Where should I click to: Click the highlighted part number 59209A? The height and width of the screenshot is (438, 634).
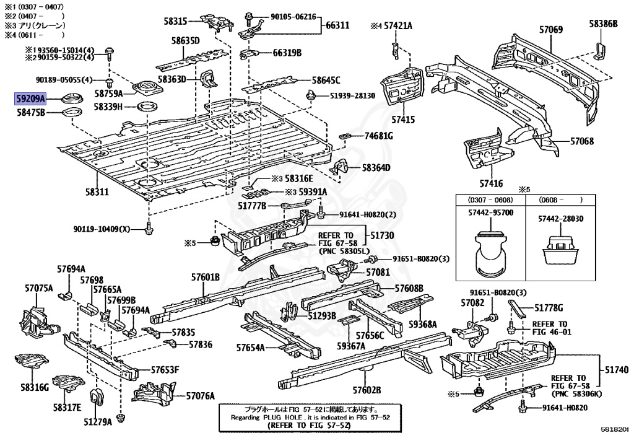(30, 98)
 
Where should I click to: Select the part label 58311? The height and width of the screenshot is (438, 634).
(97, 192)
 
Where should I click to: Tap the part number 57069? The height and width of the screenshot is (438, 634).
(550, 29)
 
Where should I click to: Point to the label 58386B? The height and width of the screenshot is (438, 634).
(603, 24)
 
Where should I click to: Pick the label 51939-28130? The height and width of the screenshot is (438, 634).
(352, 95)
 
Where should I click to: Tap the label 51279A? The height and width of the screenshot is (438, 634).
(98, 422)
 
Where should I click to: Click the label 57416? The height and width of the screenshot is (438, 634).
(490, 183)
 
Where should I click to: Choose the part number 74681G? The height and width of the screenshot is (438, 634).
(379, 136)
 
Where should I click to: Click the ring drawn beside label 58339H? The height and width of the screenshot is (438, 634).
(146, 108)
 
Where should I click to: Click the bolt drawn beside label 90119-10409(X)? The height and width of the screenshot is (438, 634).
(148, 229)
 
